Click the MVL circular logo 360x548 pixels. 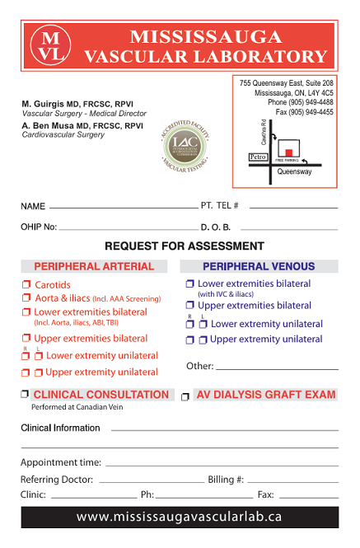pos(50,47)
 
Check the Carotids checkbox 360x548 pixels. pos(26,285)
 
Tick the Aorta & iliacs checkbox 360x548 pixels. pos(26,298)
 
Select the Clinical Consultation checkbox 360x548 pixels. pos(26,395)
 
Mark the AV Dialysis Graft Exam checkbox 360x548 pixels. pos(185,396)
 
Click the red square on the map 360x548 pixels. pos(289,152)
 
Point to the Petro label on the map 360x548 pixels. pos(258,156)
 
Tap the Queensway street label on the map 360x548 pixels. pos(294,172)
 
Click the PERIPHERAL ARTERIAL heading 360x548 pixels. pos(94,266)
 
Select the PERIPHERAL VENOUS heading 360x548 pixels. pos(259,266)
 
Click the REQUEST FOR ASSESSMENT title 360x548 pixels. pos(185,246)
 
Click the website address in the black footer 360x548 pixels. pos(180,517)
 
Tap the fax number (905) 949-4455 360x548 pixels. pos(305,112)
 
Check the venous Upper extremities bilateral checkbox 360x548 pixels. pos(190,306)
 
